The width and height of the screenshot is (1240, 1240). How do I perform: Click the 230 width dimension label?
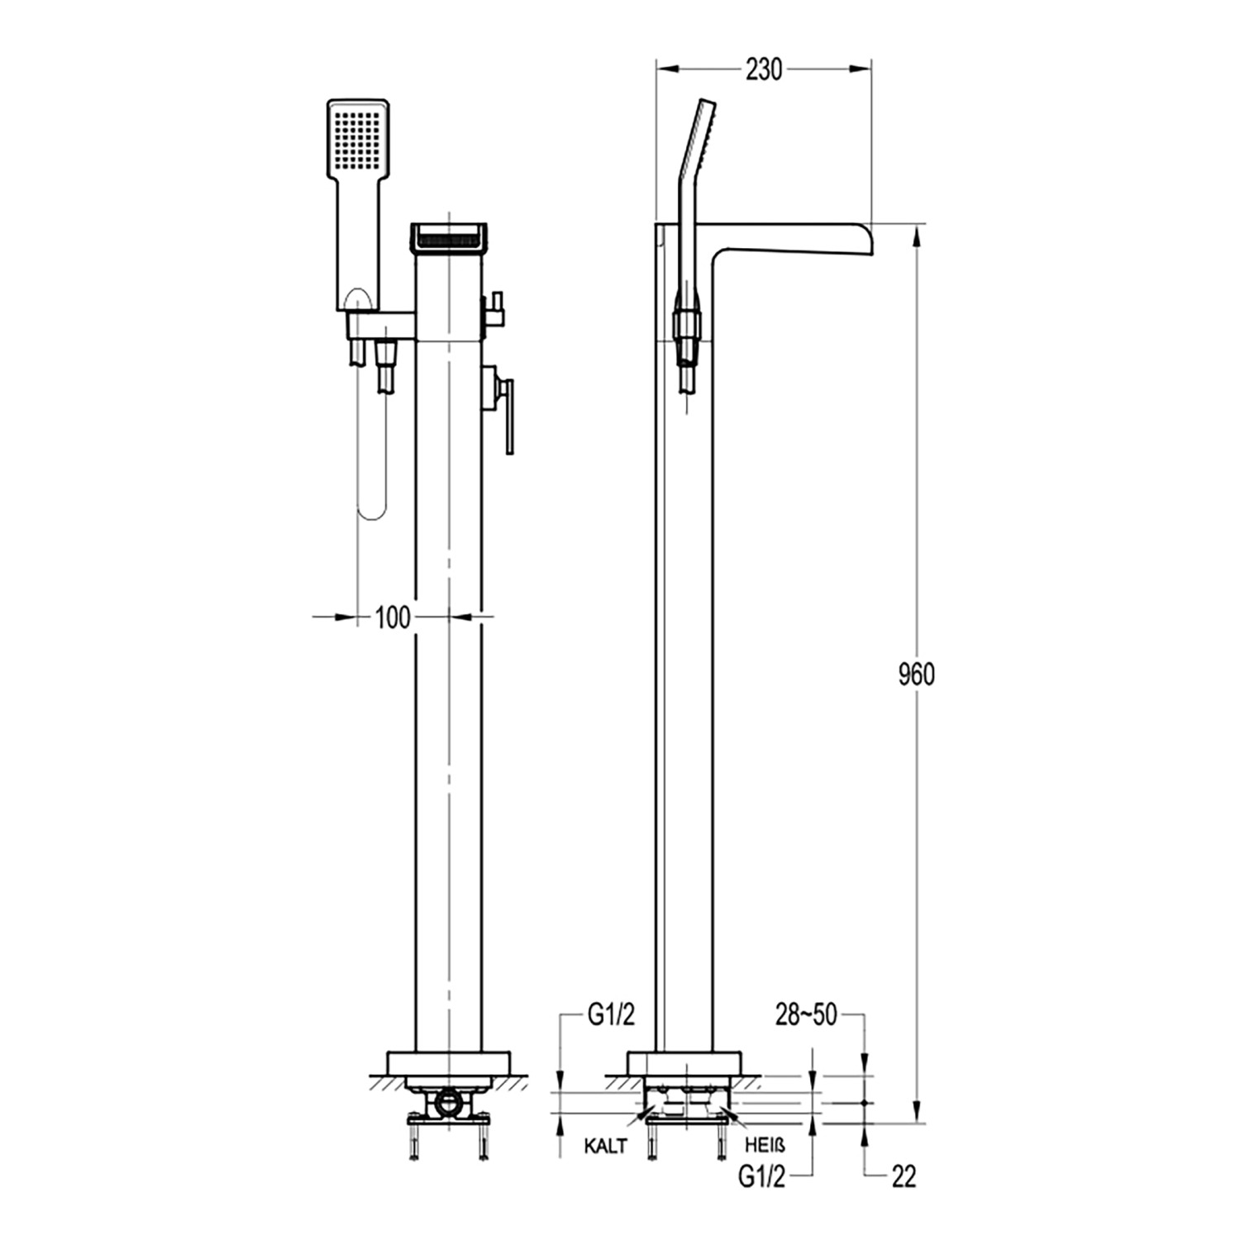click(763, 70)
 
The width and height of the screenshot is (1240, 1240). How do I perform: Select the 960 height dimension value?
click(916, 675)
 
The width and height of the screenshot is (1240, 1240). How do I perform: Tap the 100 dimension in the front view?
click(393, 617)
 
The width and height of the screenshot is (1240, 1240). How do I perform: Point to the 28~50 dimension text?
click(805, 1016)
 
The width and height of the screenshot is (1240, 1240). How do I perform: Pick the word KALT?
click(605, 1146)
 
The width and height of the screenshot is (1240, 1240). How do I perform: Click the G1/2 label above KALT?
click(611, 1016)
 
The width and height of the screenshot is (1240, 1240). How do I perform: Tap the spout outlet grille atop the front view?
click(446, 236)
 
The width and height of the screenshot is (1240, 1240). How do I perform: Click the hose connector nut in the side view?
click(688, 325)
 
